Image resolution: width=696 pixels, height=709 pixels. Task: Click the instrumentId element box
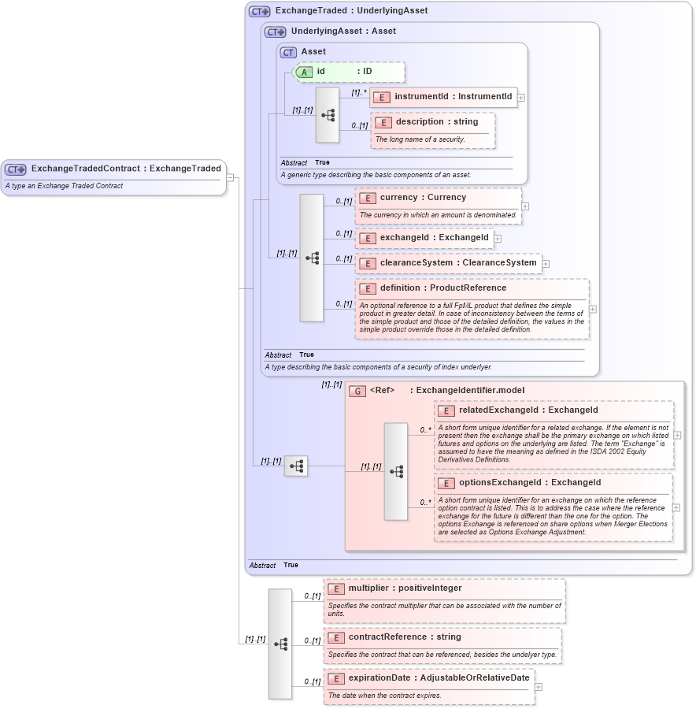[x=444, y=97]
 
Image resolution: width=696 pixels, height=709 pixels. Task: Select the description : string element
[x=431, y=122]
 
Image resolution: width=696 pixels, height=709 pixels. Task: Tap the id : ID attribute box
[x=350, y=72]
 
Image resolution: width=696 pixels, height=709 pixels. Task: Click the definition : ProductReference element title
[x=442, y=288]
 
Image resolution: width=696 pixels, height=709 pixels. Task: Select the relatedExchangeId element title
[x=528, y=410]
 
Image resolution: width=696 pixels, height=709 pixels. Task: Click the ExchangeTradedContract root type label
[x=126, y=169]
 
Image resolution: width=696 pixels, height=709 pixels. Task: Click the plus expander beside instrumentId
[x=521, y=98]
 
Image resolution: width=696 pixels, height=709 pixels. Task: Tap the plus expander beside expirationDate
[x=539, y=687]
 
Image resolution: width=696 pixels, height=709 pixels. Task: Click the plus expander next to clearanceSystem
[x=546, y=264]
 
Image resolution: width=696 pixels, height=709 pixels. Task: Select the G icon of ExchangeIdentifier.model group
[x=357, y=391]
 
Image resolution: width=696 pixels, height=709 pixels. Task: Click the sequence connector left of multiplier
[x=280, y=644]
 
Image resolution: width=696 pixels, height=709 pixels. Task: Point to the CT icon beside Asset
[x=288, y=52]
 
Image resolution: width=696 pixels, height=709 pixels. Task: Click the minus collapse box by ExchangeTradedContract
[x=230, y=177]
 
